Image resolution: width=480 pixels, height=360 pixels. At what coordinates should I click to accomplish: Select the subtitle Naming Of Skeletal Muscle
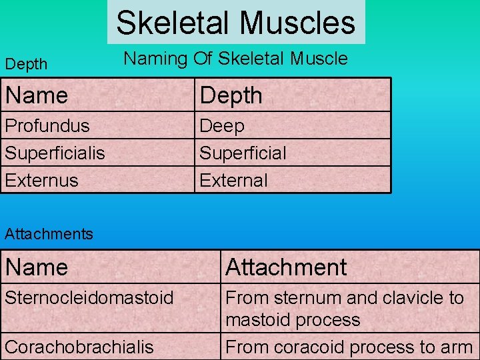[236, 59]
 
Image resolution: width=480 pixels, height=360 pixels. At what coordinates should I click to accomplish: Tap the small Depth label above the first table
[26, 65]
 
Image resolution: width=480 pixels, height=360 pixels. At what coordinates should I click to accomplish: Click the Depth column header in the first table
[231, 95]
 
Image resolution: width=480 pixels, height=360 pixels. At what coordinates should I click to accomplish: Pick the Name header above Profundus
[37, 95]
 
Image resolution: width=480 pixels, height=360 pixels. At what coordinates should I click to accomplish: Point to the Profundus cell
[47, 125]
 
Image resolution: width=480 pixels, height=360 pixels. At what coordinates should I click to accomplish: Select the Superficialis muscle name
[55, 153]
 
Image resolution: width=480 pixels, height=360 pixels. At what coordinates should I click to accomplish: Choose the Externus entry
[41, 180]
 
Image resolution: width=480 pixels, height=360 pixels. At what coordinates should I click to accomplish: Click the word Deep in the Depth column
[222, 125]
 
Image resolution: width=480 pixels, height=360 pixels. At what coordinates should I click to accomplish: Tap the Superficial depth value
[243, 153]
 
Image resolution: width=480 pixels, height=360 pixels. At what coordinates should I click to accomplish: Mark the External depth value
[233, 180]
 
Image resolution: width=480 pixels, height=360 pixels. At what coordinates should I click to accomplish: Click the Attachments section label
[49, 234]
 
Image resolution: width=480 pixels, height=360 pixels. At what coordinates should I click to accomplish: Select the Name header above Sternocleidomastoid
[37, 267]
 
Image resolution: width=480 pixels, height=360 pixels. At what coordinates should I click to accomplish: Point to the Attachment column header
[286, 267]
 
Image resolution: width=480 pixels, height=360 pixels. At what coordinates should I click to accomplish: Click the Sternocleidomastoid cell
[89, 297]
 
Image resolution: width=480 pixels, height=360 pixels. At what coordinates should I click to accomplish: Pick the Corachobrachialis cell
[79, 347]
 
